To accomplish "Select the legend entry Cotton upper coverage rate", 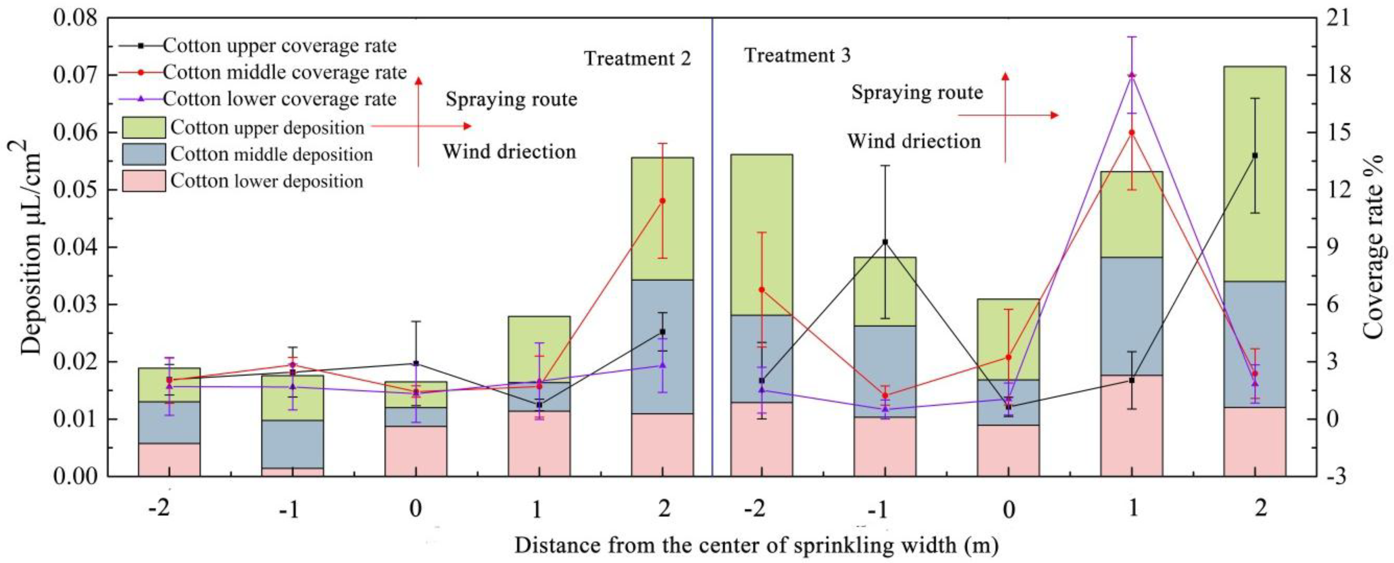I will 279,46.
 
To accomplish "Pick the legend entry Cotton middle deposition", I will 272,154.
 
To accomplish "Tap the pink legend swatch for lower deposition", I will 143,181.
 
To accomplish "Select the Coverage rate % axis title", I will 1374,247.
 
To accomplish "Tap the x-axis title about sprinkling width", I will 756,545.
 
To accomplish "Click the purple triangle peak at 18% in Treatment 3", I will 1132,75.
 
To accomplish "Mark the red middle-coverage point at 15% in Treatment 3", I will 1132,132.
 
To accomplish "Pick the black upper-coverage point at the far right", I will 1255,155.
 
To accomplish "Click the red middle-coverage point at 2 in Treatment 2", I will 663,201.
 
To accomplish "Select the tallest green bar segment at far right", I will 1255,173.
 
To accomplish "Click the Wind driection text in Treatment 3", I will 914,141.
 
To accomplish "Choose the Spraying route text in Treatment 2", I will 511,99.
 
